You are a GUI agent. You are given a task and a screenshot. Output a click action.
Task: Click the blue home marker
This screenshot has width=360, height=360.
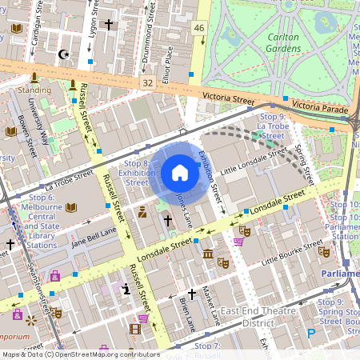click(180, 173)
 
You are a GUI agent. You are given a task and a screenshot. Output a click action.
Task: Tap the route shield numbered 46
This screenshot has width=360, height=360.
click(199, 28)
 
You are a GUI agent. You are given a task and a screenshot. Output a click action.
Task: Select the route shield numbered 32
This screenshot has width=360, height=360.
click(146, 82)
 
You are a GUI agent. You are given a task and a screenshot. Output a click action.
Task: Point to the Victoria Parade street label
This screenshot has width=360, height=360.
click(321, 106)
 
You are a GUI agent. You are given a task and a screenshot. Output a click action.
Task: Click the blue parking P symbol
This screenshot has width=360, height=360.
click(311, 334)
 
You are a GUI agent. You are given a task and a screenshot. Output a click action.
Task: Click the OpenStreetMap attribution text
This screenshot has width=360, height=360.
click(80, 354)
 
